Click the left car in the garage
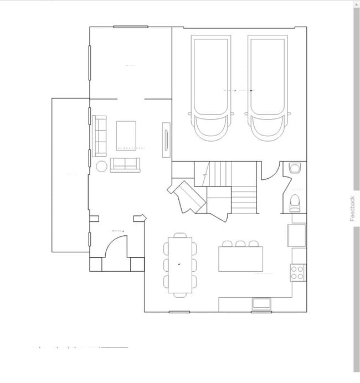click(x=210, y=89)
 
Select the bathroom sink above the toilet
click(x=294, y=167)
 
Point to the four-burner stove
click(x=297, y=272)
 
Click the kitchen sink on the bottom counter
click(x=261, y=303)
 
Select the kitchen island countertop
click(x=240, y=259)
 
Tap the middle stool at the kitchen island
click(x=240, y=244)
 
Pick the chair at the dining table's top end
click(x=180, y=235)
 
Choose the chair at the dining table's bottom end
click(x=180, y=295)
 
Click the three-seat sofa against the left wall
click(x=100, y=136)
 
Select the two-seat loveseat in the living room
click(x=125, y=165)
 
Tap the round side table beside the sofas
click(x=101, y=166)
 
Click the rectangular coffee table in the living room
click(x=126, y=135)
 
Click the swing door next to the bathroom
click(x=270, y=172)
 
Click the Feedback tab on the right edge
click(x=352, y=209)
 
